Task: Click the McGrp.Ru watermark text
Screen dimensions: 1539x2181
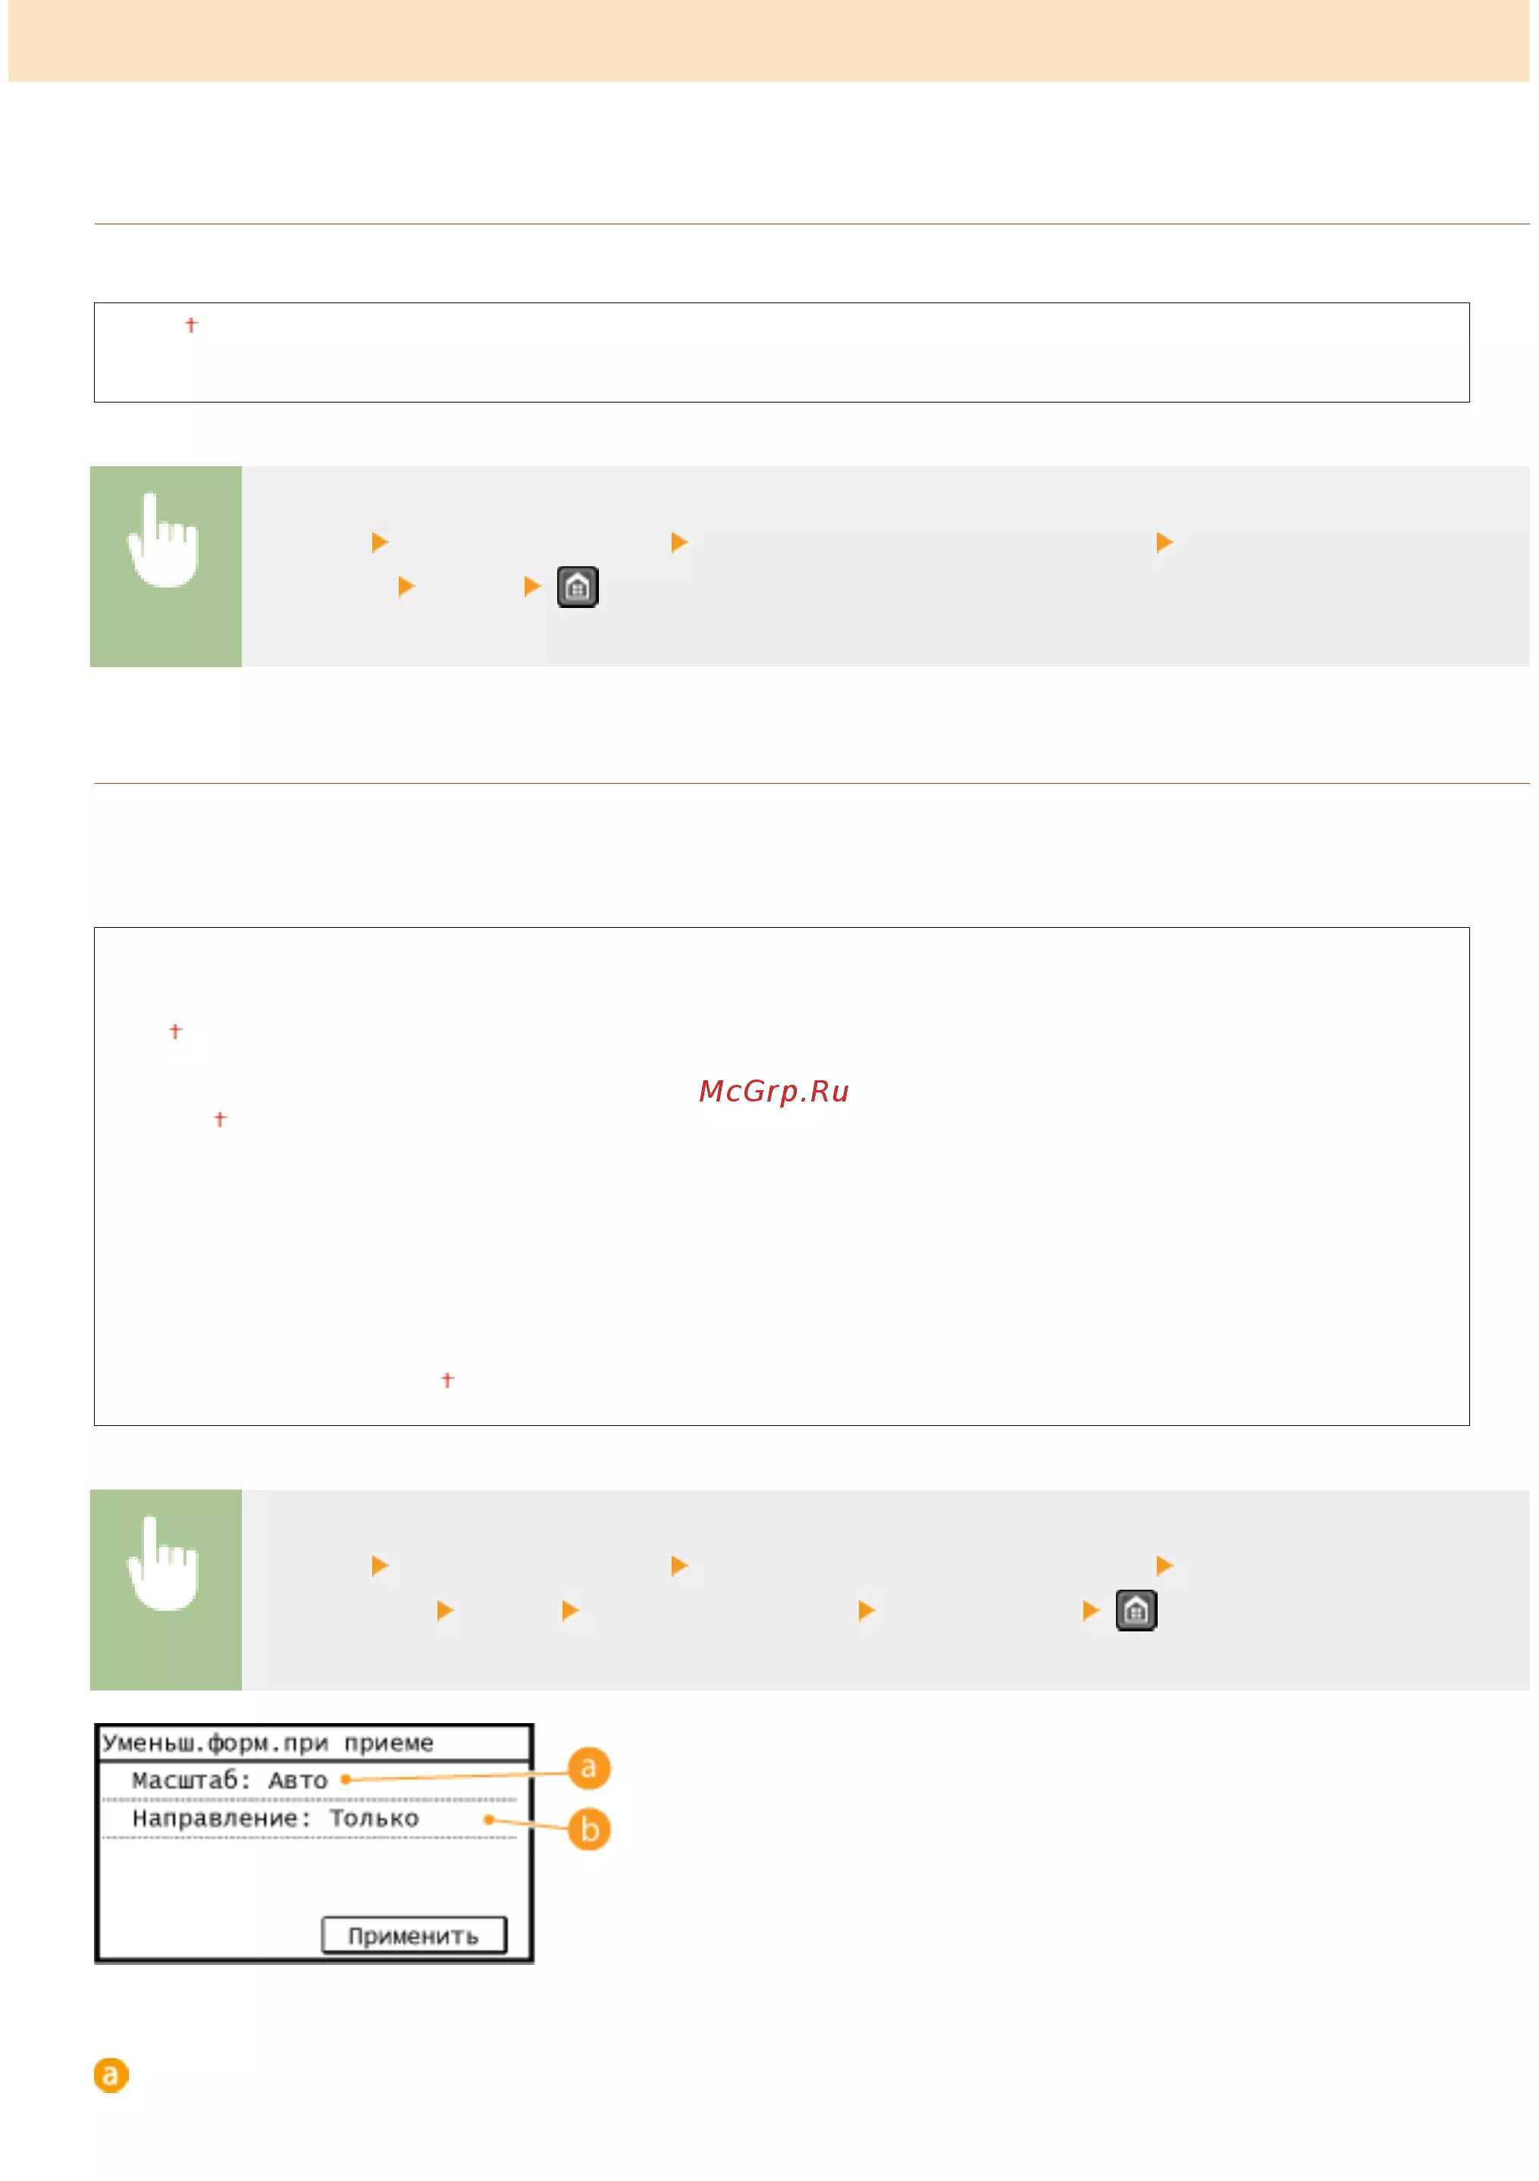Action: tap(773, 1092)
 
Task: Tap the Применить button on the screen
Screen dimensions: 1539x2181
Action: tap(413, 1934)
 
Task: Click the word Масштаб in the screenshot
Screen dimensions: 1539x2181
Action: tap(190, 1779)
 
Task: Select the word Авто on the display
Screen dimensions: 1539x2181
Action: tap(297, 1780)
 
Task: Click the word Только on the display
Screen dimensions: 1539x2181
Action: tap(373, 1818)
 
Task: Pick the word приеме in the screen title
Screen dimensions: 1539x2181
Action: tap(389, 1742)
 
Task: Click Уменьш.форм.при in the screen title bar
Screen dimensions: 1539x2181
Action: tap(215, 1742)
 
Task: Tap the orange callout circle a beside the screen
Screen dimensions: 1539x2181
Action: tap(589, 1768)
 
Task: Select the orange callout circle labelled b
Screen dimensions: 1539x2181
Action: tap(589, 1828)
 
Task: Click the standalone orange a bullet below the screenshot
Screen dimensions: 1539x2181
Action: tap(111, 2075)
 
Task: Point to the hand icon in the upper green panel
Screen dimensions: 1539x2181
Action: tap(164, 540)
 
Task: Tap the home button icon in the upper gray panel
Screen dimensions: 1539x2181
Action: tap(578, 587)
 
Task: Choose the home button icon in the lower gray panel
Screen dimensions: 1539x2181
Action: tap(1136, 1610)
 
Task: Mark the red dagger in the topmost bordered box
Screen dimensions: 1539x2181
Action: tap(191, 325)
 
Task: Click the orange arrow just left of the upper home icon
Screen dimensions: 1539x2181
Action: tap(532, 587)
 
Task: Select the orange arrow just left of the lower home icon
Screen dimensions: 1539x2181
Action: tap(1091, 1610)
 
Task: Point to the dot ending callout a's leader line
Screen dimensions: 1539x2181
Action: tap(345, 1779)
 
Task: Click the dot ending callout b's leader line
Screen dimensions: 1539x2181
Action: tap(488, 1819)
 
